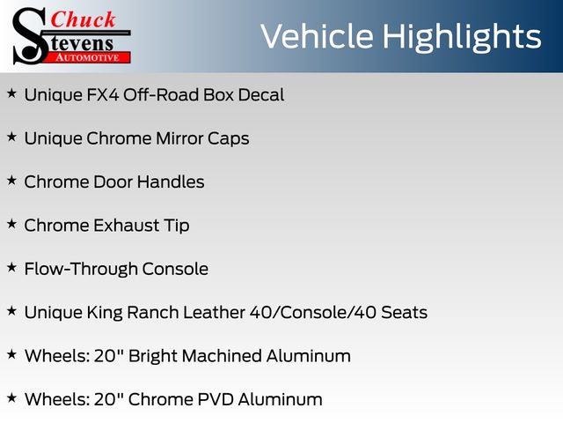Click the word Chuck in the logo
(83, 19)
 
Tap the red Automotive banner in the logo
(88, 57)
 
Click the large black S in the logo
(31, 36)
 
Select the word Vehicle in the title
(317, 36)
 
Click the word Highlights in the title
(462, 36)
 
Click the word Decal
(261, 95)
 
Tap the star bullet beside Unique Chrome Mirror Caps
(11, 137)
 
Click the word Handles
(171, 182)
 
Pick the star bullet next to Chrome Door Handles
(11, 181)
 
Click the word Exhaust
(127, 226)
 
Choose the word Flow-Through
(81, 270)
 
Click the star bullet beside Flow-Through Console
(11, 268)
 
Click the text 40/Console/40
(313, 313)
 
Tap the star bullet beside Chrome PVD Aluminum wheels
(11, 398)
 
